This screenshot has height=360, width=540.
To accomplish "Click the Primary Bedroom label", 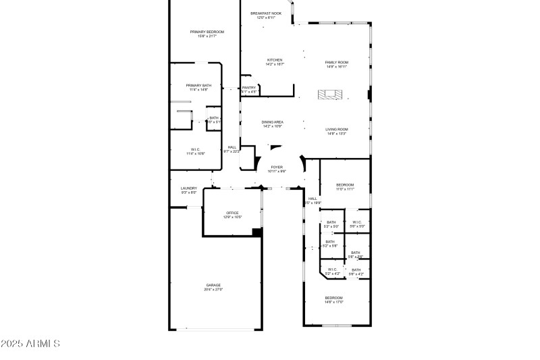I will click(207, 32).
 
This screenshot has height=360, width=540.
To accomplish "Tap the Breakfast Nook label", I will click(265, 14).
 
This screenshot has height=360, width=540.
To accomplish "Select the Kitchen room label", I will click(275, 59).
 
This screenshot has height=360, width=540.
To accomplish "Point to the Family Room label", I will click(336, 62).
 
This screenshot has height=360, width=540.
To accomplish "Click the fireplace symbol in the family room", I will click(329, 95).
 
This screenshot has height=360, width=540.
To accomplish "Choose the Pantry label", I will click(249, 87).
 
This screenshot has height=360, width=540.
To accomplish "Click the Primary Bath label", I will click(198, 85).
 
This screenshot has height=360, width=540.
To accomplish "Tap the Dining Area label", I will click(273, 122).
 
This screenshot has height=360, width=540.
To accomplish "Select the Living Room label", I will click(336, 129).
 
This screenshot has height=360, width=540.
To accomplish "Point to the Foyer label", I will click(277, 167).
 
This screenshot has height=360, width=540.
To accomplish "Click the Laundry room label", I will click(188, 188).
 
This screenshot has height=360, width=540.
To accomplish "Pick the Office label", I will click(232, 213).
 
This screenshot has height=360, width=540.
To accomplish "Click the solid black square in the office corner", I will click(256, 232).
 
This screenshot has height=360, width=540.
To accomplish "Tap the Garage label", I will click(213, 285).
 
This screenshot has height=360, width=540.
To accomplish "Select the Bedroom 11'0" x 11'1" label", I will click(345, 184).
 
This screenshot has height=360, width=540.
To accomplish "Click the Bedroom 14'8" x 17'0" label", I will click(334, 298).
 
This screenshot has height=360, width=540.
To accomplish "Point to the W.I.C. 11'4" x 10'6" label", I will click(195, 149).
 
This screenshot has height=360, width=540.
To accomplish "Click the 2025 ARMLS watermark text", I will click(30, 344).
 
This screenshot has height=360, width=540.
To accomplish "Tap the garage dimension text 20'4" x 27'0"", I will click(213, 290).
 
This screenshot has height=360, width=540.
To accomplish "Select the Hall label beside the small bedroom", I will click(313, 199).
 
